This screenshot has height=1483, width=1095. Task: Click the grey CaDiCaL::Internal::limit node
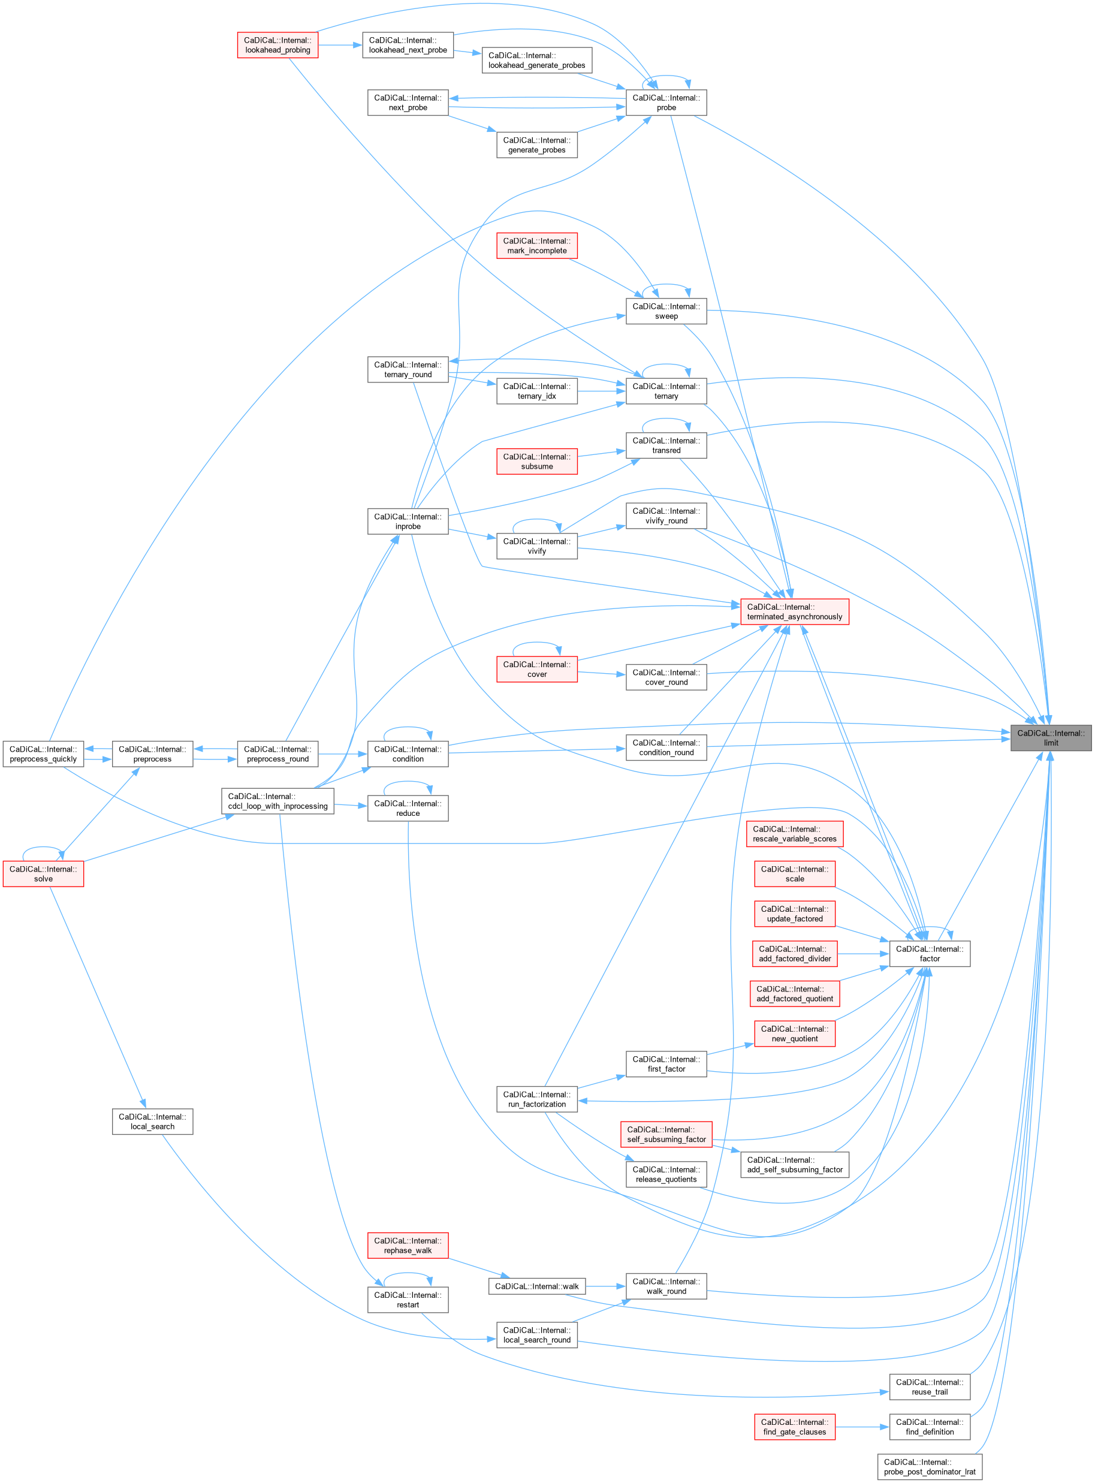(1050, 738)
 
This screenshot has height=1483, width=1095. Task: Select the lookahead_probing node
(277, 45)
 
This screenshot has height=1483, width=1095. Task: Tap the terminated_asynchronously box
(794, 612)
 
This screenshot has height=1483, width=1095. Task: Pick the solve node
(43, 874)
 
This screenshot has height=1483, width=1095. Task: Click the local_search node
(152, 1122)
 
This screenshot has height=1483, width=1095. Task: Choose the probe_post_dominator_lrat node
(930, 1466)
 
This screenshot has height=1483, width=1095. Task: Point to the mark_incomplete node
(537, 246)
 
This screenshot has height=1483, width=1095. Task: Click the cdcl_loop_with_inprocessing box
(277, 801)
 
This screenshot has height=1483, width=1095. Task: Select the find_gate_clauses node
(794, 1427)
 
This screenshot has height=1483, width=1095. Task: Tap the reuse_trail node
(930, 1387)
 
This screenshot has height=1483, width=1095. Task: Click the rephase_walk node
(408, 1246)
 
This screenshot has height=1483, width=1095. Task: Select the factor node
(930, 954)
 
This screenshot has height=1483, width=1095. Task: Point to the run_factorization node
(537, 1099)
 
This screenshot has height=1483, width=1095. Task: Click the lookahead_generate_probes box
(537, 61)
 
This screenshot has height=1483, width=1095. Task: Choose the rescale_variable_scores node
(794, 834)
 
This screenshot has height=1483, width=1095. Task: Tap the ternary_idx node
(537, 391)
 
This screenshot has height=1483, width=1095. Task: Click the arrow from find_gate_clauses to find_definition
(862, 1427)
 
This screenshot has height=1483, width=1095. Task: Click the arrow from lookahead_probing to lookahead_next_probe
(340, 45)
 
